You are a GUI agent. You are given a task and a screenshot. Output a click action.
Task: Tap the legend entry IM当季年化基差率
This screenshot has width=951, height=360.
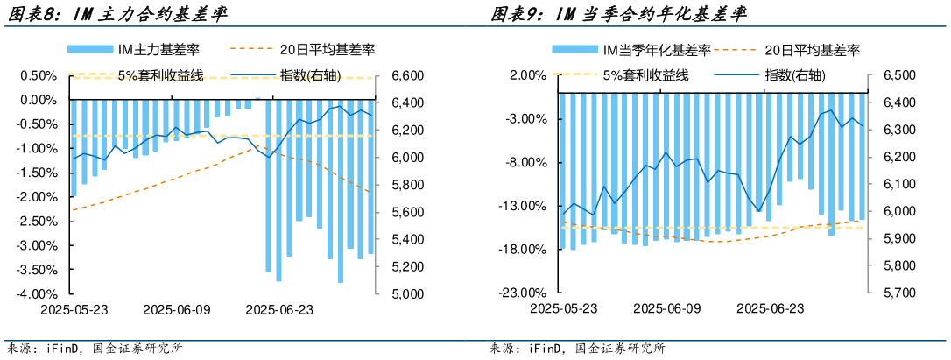click(656, 52)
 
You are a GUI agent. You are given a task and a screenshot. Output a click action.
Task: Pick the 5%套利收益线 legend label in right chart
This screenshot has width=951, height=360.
click(645, 75)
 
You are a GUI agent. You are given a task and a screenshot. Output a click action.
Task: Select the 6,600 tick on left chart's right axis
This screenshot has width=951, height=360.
click(399, 76)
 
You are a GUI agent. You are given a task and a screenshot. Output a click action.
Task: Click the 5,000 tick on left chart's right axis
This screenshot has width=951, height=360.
click(399, 293)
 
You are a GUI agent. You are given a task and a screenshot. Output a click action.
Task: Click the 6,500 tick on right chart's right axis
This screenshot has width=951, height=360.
click(898, 76)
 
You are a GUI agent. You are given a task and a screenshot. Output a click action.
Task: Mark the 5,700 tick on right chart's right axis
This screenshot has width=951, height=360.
click(898, 293)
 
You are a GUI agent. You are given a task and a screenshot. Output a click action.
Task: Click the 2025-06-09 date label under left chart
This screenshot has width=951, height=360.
click(177, 309)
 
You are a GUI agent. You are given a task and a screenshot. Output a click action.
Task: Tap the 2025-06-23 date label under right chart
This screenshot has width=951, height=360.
click(770, 309)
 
